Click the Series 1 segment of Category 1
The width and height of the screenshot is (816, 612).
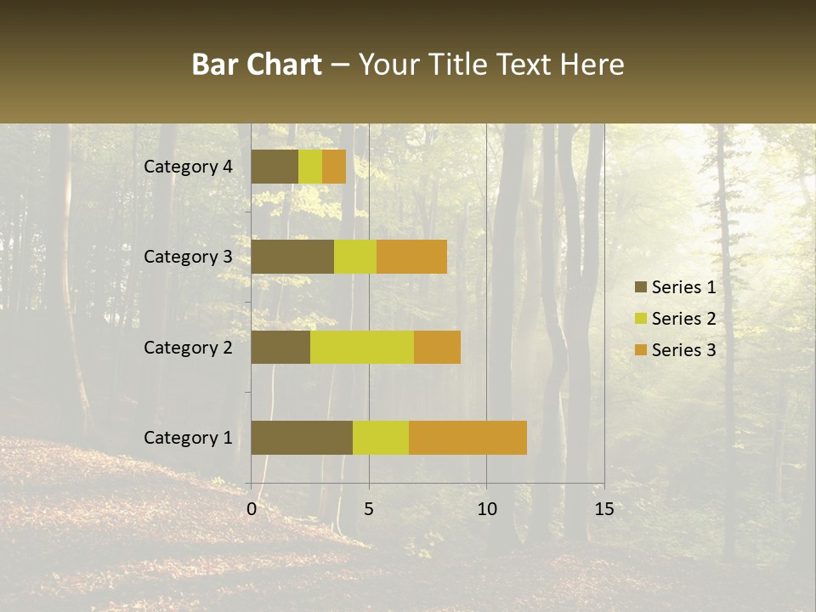click(302, 438)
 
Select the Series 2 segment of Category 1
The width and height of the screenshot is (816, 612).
click(381, 438)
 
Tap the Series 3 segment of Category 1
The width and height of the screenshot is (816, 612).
click(467, 438)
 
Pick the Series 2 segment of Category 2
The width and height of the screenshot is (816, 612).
click(362, 347)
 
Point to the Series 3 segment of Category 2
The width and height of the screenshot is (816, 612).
click(437, 347)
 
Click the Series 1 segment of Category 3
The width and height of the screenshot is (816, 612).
click(292, 257)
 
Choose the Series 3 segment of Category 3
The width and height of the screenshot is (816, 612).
click(411, 257)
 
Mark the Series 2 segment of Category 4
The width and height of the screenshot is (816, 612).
click(310, 167)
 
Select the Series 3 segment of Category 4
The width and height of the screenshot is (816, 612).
click(334, 167)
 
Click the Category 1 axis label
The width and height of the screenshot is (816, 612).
click(188, 438)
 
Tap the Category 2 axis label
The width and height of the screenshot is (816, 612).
click(188, 347)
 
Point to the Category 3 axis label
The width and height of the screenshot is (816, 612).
click(188, 257)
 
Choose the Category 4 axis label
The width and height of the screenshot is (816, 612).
click(188, 167)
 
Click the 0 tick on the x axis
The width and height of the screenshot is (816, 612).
click(252, 509)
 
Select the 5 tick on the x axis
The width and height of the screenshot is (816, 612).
click(369, 509)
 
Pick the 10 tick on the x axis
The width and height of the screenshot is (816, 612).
click(486, 509)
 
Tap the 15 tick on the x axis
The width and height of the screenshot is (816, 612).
click(603, 509)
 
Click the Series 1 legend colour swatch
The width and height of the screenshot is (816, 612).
click(640, 287)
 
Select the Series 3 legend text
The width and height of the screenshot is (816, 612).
click(683, 350)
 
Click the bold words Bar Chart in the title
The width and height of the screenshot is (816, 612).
click(257, 65)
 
